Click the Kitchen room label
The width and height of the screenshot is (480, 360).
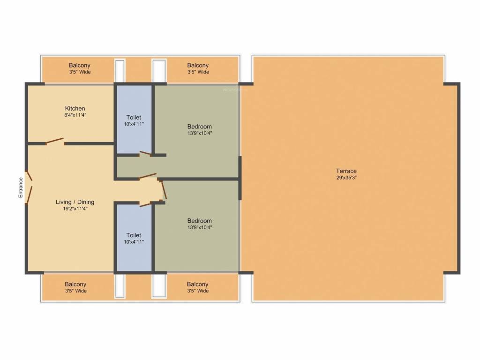[x=75, y=108]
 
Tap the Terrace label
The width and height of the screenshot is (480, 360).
[x=346, y=171]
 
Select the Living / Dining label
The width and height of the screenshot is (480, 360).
[x=75, y=202]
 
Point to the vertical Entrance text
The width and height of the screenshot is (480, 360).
[x=21, y=187]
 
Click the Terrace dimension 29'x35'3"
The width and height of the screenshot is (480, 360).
[x=346, y=178]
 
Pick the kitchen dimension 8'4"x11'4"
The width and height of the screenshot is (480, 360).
[x=75, y=115]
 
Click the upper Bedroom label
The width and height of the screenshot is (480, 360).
[x=199, y=127]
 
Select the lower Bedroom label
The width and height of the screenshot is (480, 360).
[x=199, y=221]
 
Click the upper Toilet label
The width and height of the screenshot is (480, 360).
[x=134, y=117]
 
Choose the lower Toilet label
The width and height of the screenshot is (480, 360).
[x=134, y=235]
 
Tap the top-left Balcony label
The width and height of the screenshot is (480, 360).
[x=79, y=65]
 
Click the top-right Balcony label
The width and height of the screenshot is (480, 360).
[x=198, y=65]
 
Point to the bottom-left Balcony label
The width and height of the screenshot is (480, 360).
[x=75, y=284]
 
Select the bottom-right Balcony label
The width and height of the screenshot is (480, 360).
[x=197, y=284]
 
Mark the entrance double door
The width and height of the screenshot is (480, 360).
[x=29, y=187]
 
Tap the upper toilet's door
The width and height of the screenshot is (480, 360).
[x=145, y=153]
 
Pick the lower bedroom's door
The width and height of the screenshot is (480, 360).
[x=163, y=190]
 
